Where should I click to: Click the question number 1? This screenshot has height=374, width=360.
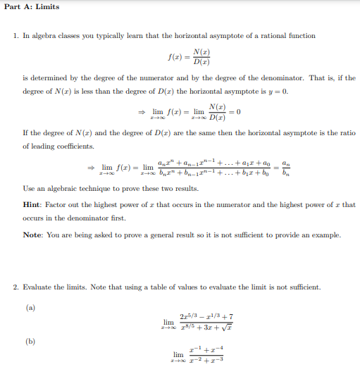pyautogui.click(x=16, y=36)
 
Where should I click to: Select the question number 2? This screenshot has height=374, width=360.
pyautogui.click(x=16, y=287)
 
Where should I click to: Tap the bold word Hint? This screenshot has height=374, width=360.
pyautogui.click(x=34, y=204)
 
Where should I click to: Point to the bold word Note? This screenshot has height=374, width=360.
pyautogui.click(x=34, y=235)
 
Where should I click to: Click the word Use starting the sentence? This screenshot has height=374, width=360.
pyautogui.click(x=29, y=189)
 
